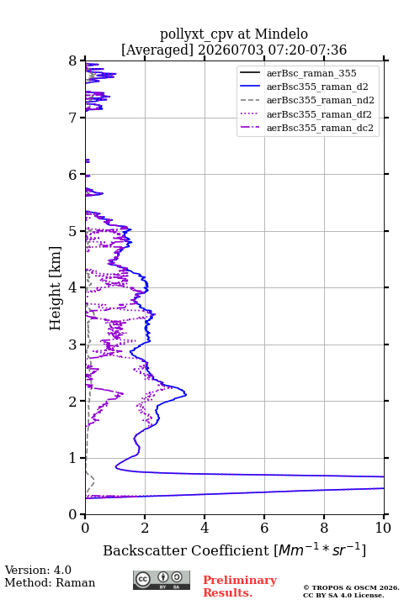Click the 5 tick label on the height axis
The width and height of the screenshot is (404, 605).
73,231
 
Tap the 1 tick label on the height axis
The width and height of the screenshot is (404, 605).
73,458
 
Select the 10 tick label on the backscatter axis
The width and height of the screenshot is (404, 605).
383,528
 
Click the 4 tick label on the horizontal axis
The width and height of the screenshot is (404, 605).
205,528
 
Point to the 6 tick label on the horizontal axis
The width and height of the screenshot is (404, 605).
264,528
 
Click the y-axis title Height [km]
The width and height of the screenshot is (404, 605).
56,288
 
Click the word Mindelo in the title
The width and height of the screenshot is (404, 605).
281,34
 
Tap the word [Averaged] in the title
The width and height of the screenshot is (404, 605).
157,50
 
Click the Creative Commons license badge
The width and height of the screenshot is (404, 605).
162,580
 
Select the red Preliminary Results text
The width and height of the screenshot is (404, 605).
240,587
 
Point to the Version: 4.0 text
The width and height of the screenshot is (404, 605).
38,570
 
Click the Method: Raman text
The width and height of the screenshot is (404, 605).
50,582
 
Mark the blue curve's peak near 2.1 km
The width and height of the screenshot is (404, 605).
186,394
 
